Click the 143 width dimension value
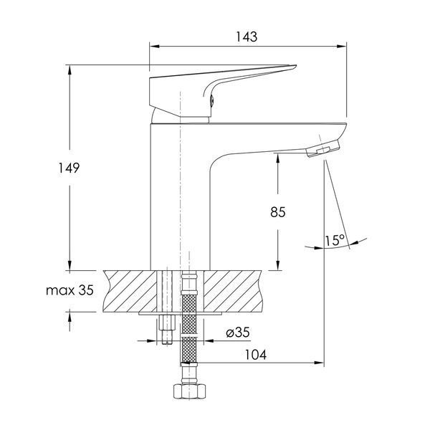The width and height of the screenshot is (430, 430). pyautogui.click(x=247, y=37)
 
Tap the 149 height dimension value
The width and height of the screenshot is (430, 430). pyautogui.click(x=69, y=168)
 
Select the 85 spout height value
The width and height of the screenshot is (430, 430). pyautogui.click(x=278, y=212)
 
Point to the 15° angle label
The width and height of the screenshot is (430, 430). pyautogui.click(x=335, y=240)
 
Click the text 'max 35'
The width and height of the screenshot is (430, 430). pyautogui.click(x=70, y=290)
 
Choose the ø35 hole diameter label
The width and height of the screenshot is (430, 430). pyautogui.click(x=238, y=333)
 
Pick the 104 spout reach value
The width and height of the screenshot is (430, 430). pyautogui.click(x=255, y=355)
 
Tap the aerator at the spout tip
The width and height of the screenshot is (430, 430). pyautogui.click(x=323, y=148)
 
